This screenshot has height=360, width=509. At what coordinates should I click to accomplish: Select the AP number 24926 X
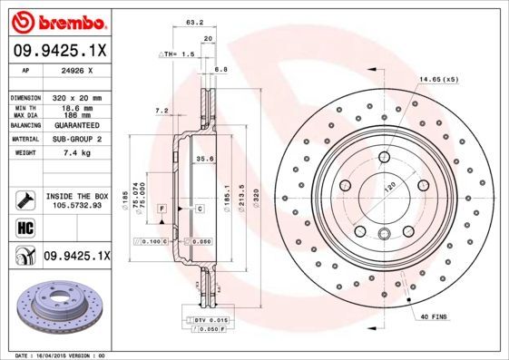76,69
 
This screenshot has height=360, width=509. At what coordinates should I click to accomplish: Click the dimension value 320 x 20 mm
76,96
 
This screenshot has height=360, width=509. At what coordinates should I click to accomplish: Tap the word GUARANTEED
76,125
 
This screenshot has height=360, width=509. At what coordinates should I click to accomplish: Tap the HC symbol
24,226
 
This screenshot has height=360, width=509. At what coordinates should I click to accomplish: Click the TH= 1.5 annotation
178,54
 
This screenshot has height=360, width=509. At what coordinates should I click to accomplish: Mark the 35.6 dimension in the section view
204,160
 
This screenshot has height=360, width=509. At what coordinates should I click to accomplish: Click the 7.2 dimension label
162,111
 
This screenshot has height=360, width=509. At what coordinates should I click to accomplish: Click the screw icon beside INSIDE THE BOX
24,199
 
